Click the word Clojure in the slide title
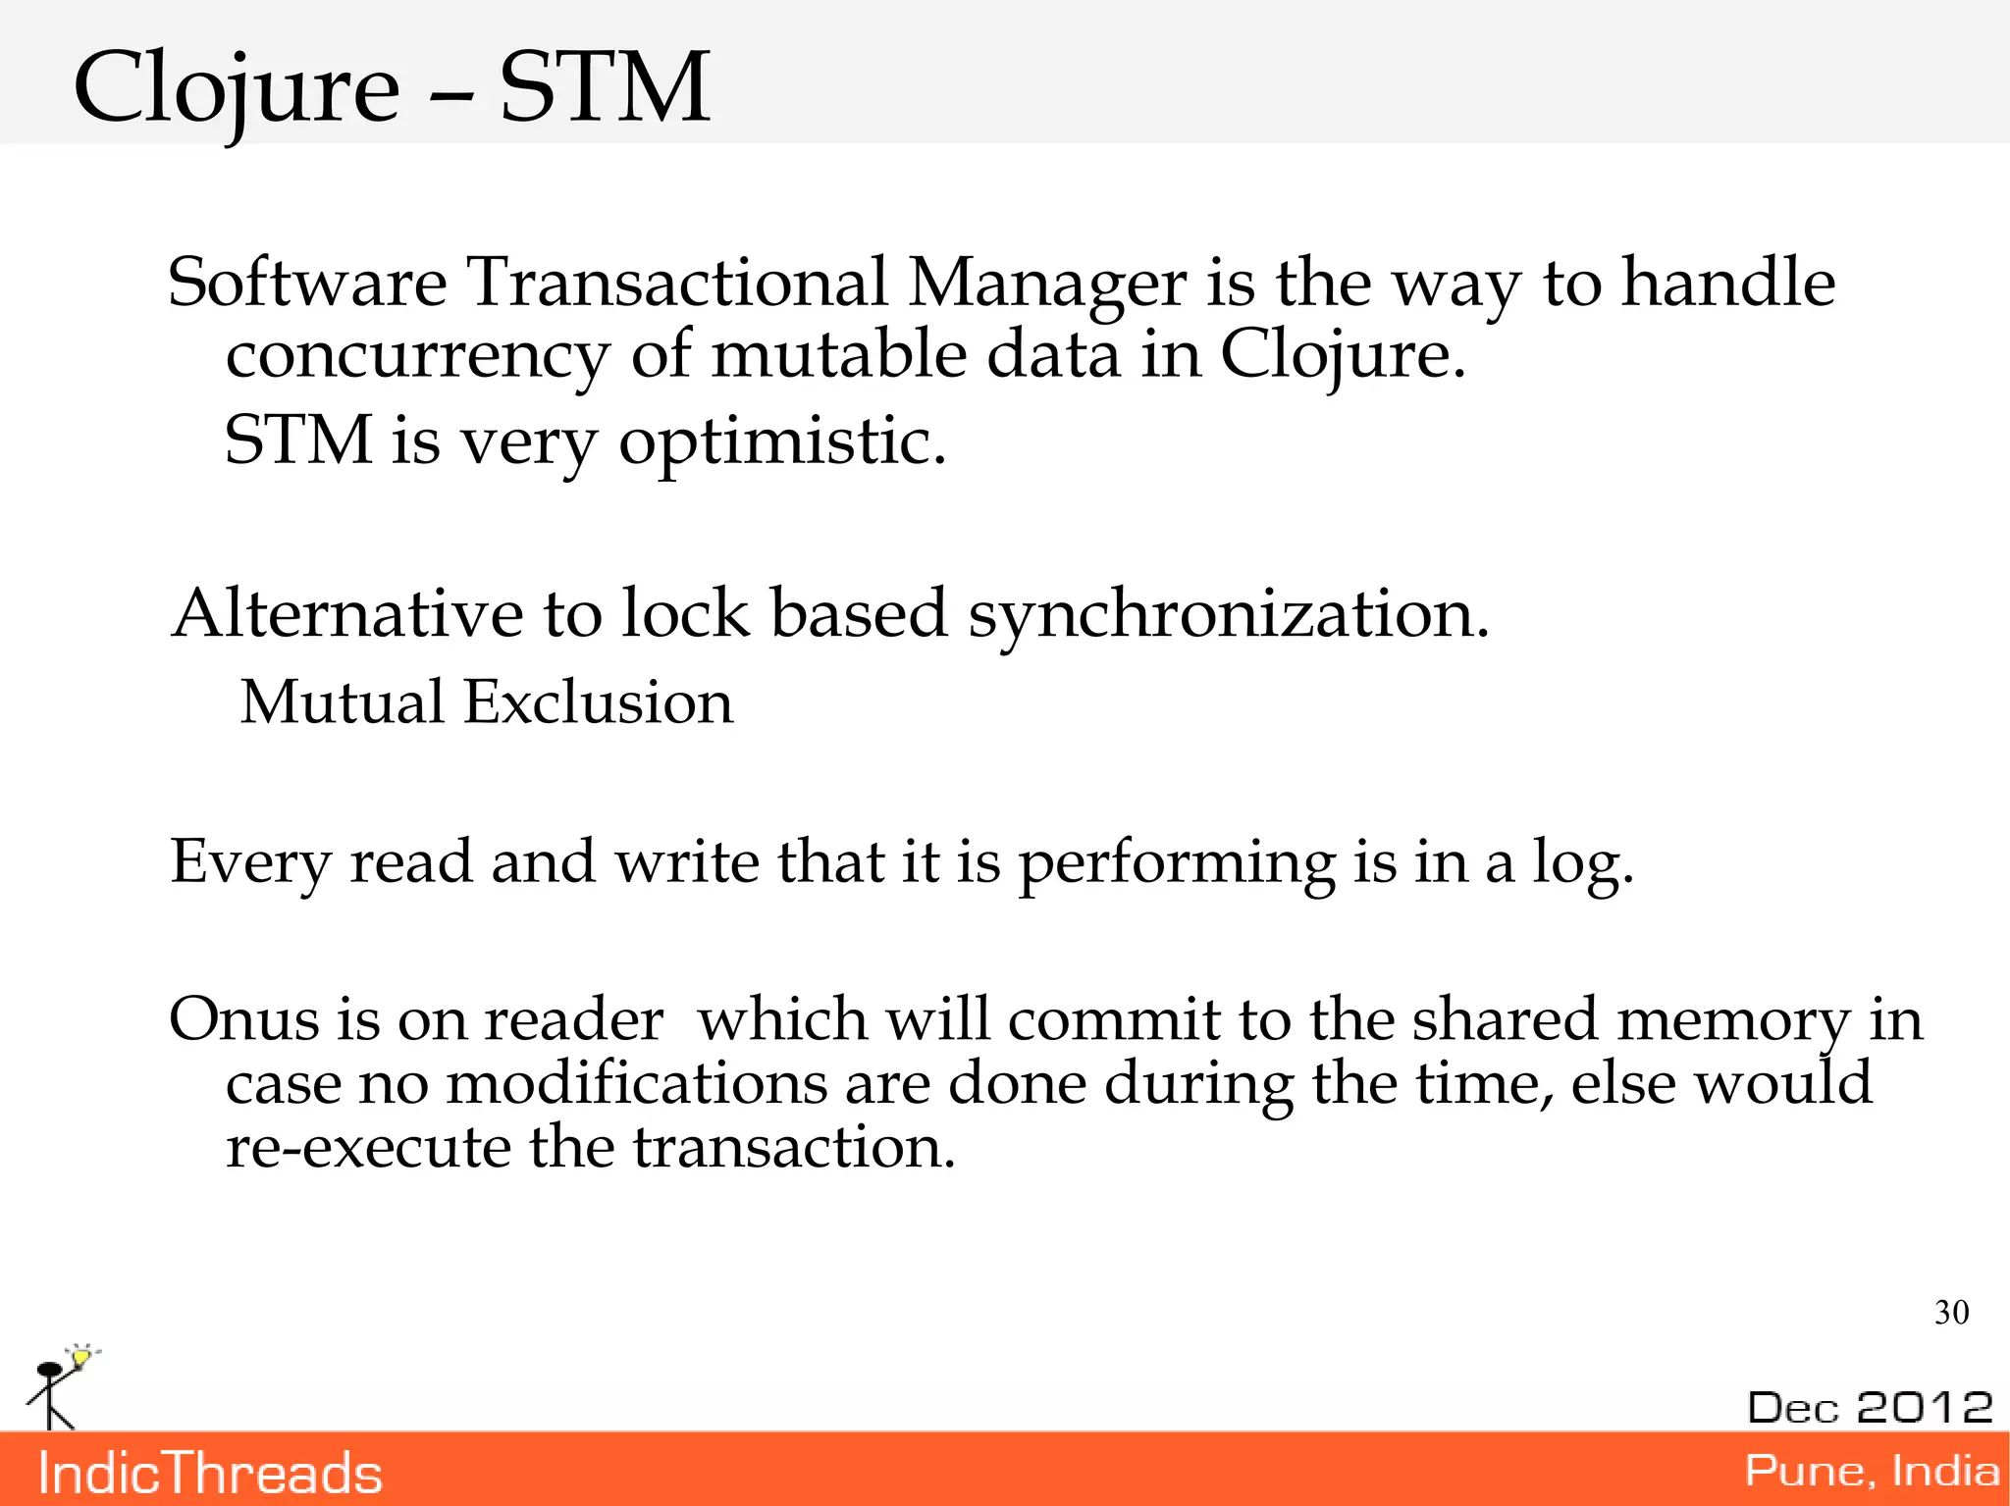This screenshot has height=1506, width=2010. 237,89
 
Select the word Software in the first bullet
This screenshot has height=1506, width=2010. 307,283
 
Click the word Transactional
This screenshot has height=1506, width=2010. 676,283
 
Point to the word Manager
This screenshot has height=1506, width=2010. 1047,285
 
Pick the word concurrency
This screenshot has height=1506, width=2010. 417,355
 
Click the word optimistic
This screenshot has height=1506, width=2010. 782,441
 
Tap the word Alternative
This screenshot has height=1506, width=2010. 345,613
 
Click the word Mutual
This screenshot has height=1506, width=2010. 343,702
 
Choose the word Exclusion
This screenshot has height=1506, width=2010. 599,702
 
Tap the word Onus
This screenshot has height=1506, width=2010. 243,1019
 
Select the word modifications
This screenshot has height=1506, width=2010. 637,1084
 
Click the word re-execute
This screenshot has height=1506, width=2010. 368,1147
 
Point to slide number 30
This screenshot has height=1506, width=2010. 1951,1312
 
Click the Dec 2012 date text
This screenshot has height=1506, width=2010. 1870,1407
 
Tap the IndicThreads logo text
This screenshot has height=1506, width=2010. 210,1474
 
